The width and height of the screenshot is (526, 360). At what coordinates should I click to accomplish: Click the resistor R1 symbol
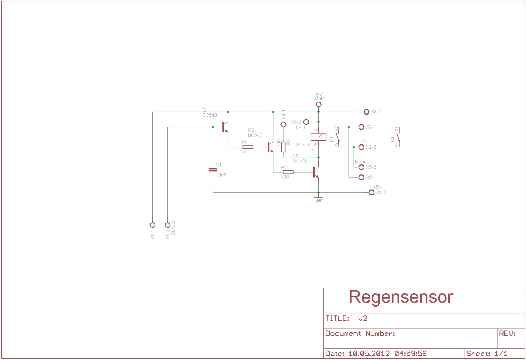(248, 147)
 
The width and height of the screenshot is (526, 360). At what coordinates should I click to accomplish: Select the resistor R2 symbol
(288, 172)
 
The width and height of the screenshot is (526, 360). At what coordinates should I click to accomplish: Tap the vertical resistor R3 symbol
(283, 147)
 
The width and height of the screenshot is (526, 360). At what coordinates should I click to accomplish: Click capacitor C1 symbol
(213, 169)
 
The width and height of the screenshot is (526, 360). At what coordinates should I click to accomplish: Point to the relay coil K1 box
(318, 137)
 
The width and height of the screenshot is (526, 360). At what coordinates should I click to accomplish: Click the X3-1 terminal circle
(366, 112)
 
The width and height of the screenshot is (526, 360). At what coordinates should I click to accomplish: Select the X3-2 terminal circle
(371, 192)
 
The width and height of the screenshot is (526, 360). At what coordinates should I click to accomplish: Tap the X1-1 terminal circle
(152, 225)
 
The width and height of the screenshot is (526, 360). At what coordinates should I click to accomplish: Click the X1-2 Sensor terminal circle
(167, 225)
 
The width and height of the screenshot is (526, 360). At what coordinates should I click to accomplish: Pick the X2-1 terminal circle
(361, 127)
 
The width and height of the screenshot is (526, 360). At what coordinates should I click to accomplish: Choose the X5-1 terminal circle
(361, 177)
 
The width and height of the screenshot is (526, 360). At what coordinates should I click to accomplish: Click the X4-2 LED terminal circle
(306, 122)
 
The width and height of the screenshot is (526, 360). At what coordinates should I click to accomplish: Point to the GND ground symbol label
(318, 201)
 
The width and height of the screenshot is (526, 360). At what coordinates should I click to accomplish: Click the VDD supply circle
(318, 104)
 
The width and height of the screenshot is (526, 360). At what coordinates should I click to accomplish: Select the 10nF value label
(221, 175)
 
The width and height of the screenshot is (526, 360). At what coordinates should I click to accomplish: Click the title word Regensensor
(401, 297)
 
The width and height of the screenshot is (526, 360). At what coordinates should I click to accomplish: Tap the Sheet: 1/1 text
(487, 353)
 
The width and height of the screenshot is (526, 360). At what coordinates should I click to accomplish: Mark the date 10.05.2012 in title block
(369, 353)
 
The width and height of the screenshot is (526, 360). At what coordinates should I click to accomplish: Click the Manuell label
(363, 162)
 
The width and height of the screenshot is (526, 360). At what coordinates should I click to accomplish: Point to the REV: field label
(507, 333)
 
